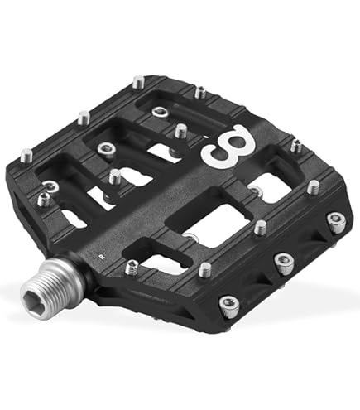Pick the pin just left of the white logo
pyautogui.click(x=180, y=130)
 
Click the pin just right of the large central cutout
pyautogui.click(x=260, y=225)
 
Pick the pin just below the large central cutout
pyautogui.click(x=204, y=269)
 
